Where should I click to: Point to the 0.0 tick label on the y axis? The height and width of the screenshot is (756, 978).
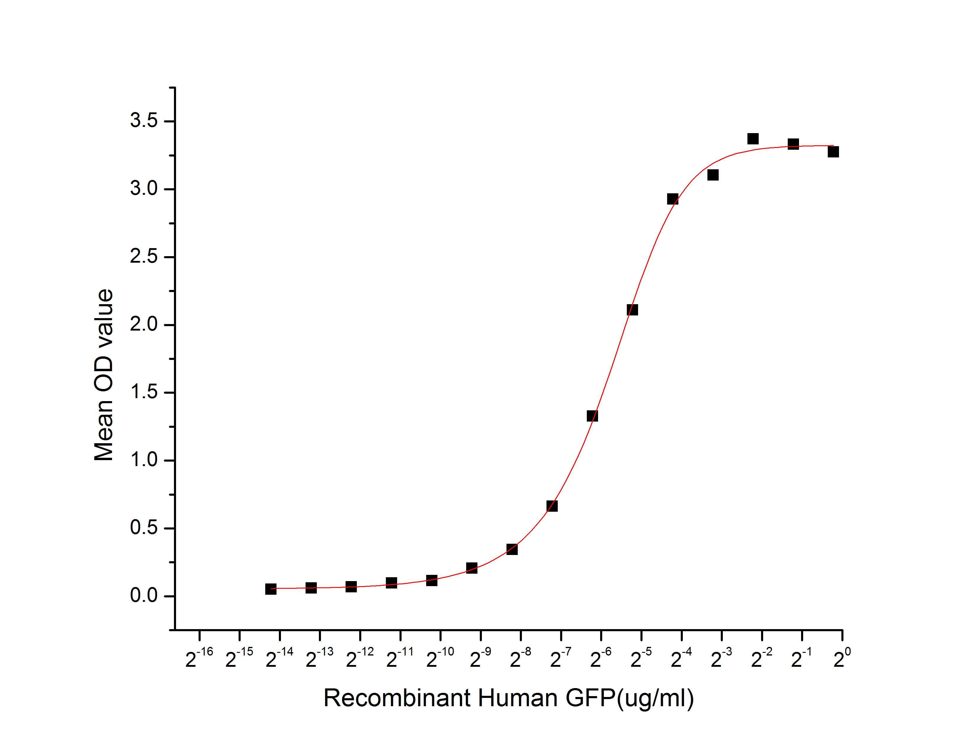pyautogui.click(x=144, y=595)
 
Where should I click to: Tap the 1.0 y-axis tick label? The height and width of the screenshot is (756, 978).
pyautogui.click(x=144, y=460)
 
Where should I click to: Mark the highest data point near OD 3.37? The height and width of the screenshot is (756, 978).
pyautogui.click(x=753, y=139)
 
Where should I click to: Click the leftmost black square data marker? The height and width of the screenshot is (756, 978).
pyautogui.click(x=271, y=589)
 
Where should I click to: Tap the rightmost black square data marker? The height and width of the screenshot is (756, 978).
pyautogui.click(x=833, y=152)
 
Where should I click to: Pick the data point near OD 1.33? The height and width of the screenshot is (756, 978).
pyautogui.click(x=592, y=416)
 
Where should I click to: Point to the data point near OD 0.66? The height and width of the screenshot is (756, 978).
pyautogui.click(x=552, y=506)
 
